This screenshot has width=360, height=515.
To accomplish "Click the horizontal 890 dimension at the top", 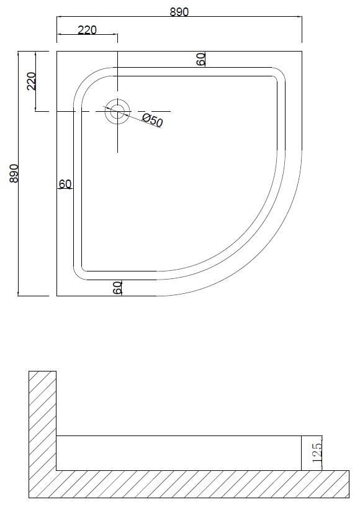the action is point(179,12).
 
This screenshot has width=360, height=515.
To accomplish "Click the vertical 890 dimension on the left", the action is point(14,173).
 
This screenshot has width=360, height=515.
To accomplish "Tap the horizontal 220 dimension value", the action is point(88,30).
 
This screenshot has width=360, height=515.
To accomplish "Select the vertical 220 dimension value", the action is point(32,81).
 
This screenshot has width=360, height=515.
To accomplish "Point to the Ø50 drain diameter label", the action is point(153,121).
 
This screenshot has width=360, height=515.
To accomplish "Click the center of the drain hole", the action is point(117,112).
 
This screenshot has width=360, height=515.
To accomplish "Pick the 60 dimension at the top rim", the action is point(201,59).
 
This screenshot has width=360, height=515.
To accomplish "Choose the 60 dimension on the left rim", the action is point(65,184).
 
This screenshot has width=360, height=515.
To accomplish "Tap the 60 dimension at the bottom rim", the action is point(117,288).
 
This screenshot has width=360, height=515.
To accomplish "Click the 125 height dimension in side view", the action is point(318,453).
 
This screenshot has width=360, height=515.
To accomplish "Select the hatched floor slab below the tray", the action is point(189,484).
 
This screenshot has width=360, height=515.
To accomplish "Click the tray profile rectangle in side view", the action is point(179,453).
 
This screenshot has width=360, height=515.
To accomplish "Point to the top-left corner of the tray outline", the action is point(56,51).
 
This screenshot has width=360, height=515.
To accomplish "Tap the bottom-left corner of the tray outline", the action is point(56,296).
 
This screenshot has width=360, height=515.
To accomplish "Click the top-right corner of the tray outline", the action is point(302,51).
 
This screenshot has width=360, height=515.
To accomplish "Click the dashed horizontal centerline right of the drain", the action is point(150,112).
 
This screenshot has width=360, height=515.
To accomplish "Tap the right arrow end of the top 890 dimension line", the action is point(302,16).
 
